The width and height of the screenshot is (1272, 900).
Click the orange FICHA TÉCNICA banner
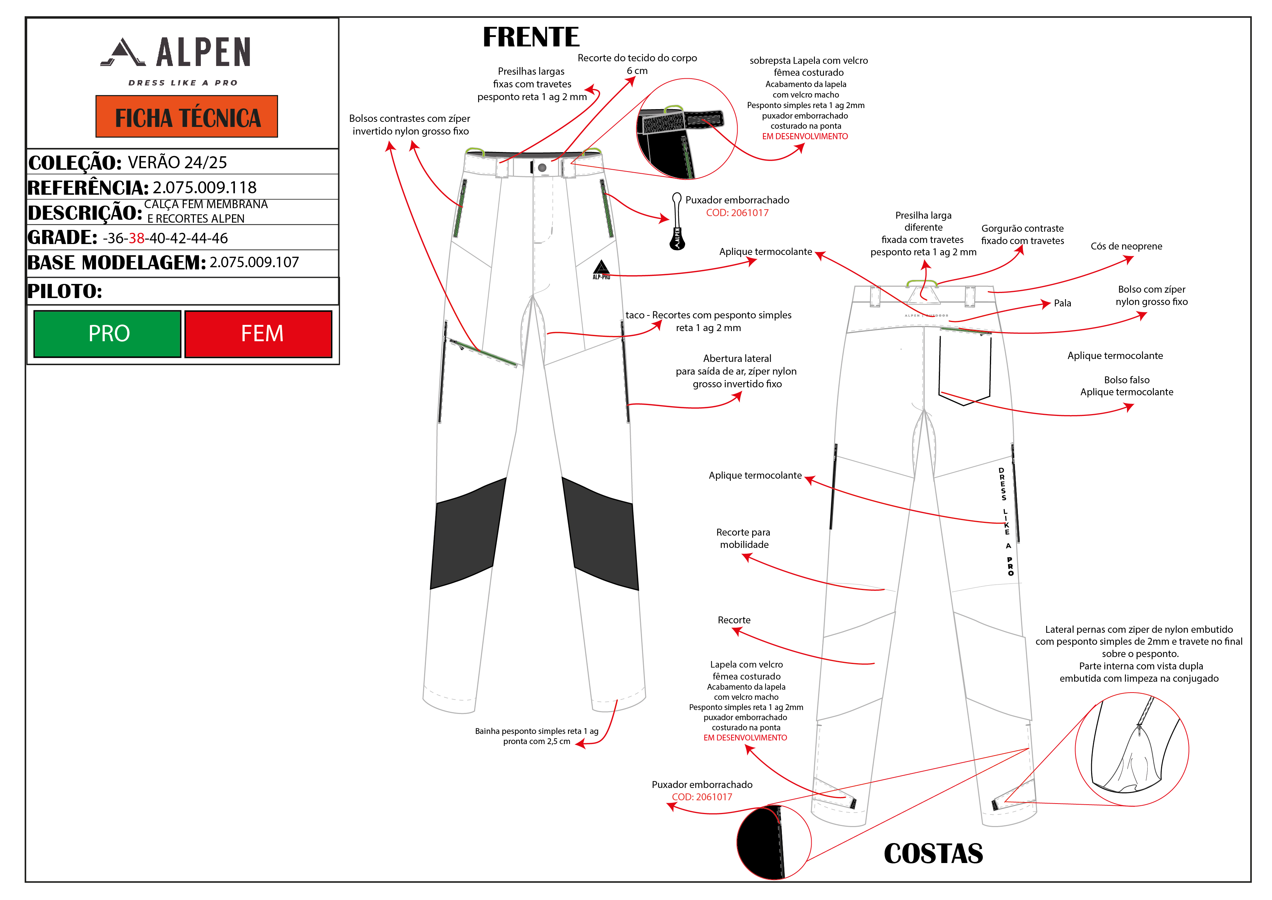(187, 117)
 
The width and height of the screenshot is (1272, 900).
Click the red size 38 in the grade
(136, 238)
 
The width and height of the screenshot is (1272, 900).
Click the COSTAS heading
(933, 854)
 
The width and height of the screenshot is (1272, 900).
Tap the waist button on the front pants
(542, 168)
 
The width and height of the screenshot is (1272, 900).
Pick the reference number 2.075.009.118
(204, 187)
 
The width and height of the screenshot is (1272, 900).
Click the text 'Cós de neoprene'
(1126, 246)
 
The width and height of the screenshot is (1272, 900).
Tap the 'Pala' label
(1062, 303)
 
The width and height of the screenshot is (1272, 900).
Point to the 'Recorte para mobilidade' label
(743, 538)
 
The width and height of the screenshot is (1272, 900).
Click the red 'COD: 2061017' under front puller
(737, 213)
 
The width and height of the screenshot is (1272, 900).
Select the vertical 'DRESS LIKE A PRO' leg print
(1006, 521)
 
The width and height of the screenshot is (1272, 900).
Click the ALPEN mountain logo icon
(123, 52)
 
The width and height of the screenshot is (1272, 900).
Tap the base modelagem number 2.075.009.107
(254, 262)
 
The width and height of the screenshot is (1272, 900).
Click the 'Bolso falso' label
(1126, 380)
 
